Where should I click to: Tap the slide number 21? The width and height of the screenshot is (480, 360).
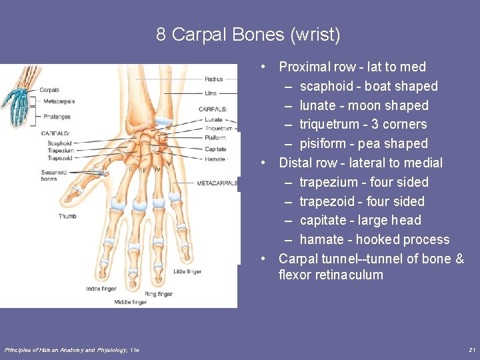[x=472, y=350]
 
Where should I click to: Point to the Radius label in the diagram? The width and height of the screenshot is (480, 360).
[x=214, y=80]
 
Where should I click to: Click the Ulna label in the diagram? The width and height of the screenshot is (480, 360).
[x=211, y=93]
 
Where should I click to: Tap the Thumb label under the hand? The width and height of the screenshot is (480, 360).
[x=67, y=216]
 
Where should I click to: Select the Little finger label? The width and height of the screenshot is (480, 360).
[x=188, y=271]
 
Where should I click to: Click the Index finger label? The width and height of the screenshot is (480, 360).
[x=101, y=289]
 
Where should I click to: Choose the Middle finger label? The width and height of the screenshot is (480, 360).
[x=130, y=302]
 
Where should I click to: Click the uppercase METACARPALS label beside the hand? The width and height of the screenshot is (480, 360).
[x=217, y=183]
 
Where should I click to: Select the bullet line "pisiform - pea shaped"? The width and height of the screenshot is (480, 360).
[x=363, y=143]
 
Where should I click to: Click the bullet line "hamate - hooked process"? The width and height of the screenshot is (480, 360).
[x=374, y=239]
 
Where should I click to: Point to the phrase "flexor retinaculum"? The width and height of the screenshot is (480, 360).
[x=331, y=275]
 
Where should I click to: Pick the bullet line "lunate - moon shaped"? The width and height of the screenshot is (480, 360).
[x=364, y=105]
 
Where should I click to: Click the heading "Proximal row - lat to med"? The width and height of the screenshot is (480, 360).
[x=352, y=67]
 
